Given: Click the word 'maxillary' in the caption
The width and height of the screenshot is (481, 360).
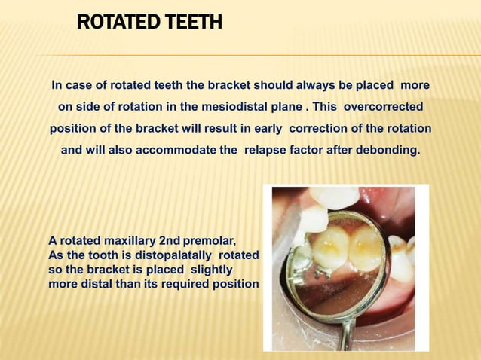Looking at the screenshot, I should point(124,242).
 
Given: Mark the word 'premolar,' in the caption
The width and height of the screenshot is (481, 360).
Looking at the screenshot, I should point(210,242).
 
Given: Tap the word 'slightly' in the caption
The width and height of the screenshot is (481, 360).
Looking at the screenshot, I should point(211,270).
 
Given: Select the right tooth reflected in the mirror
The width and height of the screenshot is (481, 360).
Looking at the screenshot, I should point(365,246).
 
